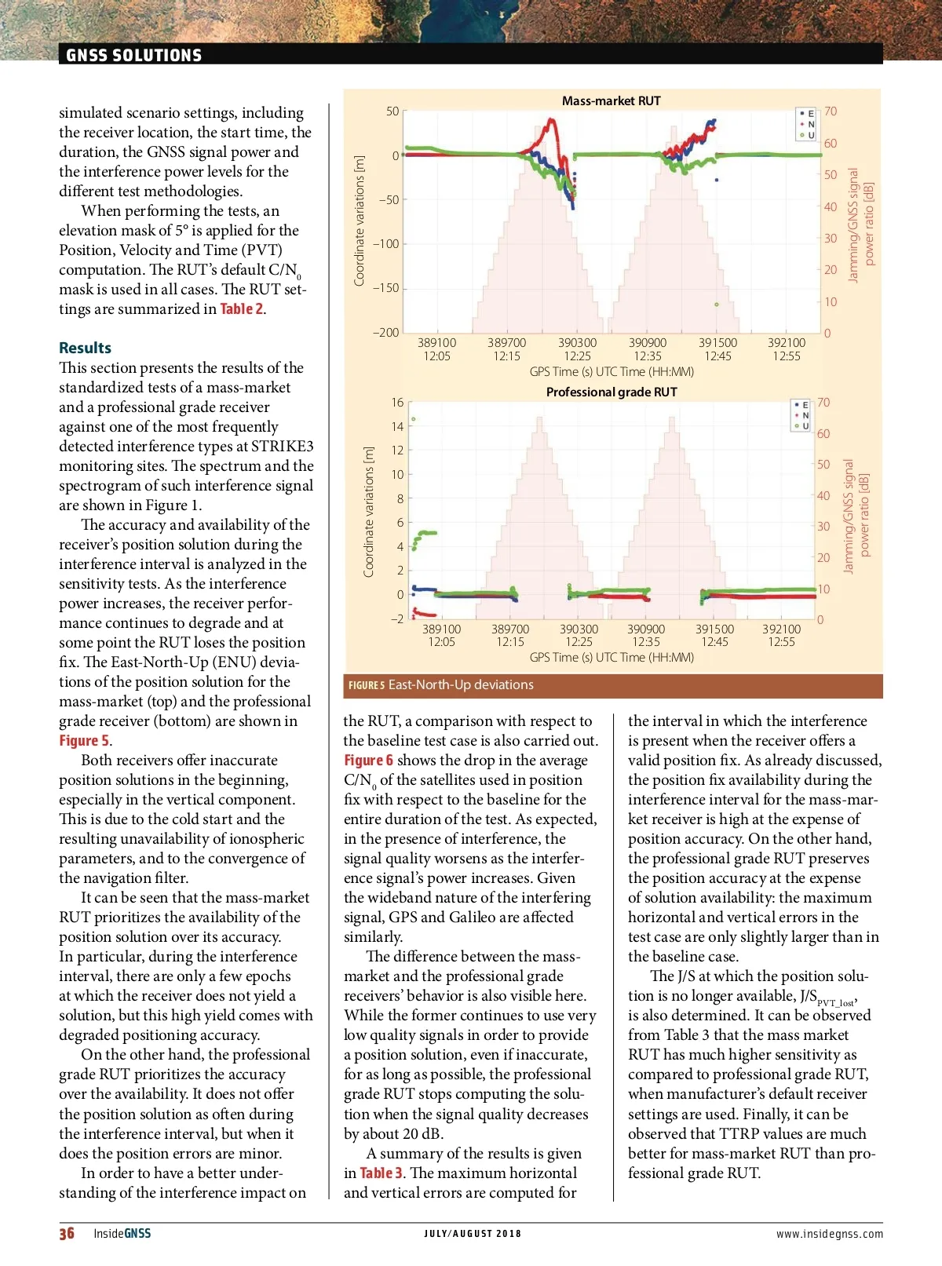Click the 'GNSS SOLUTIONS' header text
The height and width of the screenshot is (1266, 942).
133,55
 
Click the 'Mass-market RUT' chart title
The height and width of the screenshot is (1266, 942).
611,100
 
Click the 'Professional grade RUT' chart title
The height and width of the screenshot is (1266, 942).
611,392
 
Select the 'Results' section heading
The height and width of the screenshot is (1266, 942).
85,348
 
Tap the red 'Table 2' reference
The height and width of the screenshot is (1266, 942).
241,308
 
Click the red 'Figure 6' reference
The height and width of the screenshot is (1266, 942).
367,760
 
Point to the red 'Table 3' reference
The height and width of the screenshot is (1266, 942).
382,1173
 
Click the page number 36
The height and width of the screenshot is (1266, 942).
67,1233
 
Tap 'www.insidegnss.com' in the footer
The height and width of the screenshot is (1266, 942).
829,1234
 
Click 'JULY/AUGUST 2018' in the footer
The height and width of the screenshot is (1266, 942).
473,1234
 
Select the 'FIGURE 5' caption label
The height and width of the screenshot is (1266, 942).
366,685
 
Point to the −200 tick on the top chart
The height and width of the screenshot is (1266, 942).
385,332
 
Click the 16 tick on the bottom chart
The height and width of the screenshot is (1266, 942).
397,403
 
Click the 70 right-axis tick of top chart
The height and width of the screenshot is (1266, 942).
830,111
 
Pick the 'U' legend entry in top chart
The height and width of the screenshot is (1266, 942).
807,135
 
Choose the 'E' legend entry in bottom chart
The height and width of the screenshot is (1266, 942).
801,405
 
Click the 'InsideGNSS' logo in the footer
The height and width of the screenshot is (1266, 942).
122,1233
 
